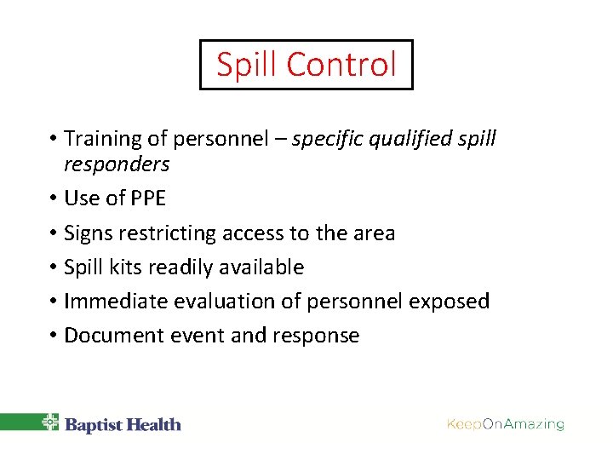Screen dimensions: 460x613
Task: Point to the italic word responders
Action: click(117, 164)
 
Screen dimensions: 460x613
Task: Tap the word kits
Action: click(126, 267)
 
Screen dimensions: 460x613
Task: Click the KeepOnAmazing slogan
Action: click(506, 424)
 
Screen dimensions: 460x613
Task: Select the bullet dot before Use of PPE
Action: click(53, 199)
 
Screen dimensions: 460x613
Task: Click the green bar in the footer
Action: click(19, 423)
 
